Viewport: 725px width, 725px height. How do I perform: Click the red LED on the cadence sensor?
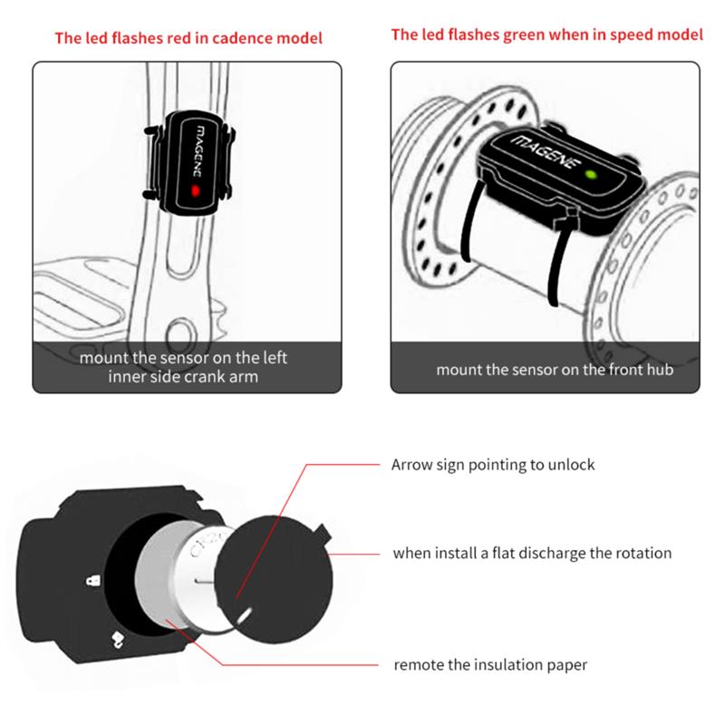(x=195, y=192)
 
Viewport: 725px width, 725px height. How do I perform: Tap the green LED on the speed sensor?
(x=590, y=174)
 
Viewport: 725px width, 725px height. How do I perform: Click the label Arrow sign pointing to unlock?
(x=493, y=464)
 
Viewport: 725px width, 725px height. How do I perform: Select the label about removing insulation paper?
(x=490, y=665)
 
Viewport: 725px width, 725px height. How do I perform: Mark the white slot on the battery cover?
(x=244, y=614)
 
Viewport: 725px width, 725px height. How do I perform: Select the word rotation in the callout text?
(x=641, y=553)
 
